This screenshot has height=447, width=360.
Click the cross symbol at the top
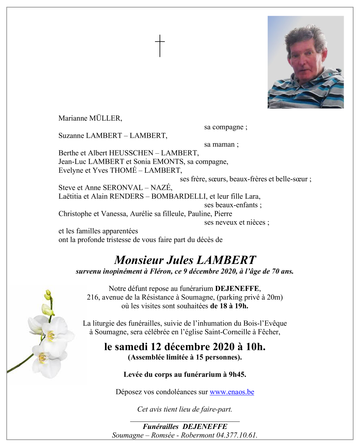pos(160,46)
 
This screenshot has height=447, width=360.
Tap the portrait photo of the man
pos(305,62)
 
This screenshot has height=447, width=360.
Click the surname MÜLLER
pos(105,118)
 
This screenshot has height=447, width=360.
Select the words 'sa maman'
pos(220,145)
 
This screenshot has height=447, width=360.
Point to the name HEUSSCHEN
pos(131,153)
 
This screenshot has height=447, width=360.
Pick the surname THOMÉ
pos(123,170)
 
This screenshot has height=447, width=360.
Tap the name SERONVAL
pos(122,188)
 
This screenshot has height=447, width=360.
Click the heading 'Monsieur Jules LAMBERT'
pos(185,260)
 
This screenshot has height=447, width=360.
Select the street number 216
pos(92,297)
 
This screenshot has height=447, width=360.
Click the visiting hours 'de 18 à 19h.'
pos(229,306)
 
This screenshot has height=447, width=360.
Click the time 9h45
pos(237,374)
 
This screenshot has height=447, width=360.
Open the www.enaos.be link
pos(232,392)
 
